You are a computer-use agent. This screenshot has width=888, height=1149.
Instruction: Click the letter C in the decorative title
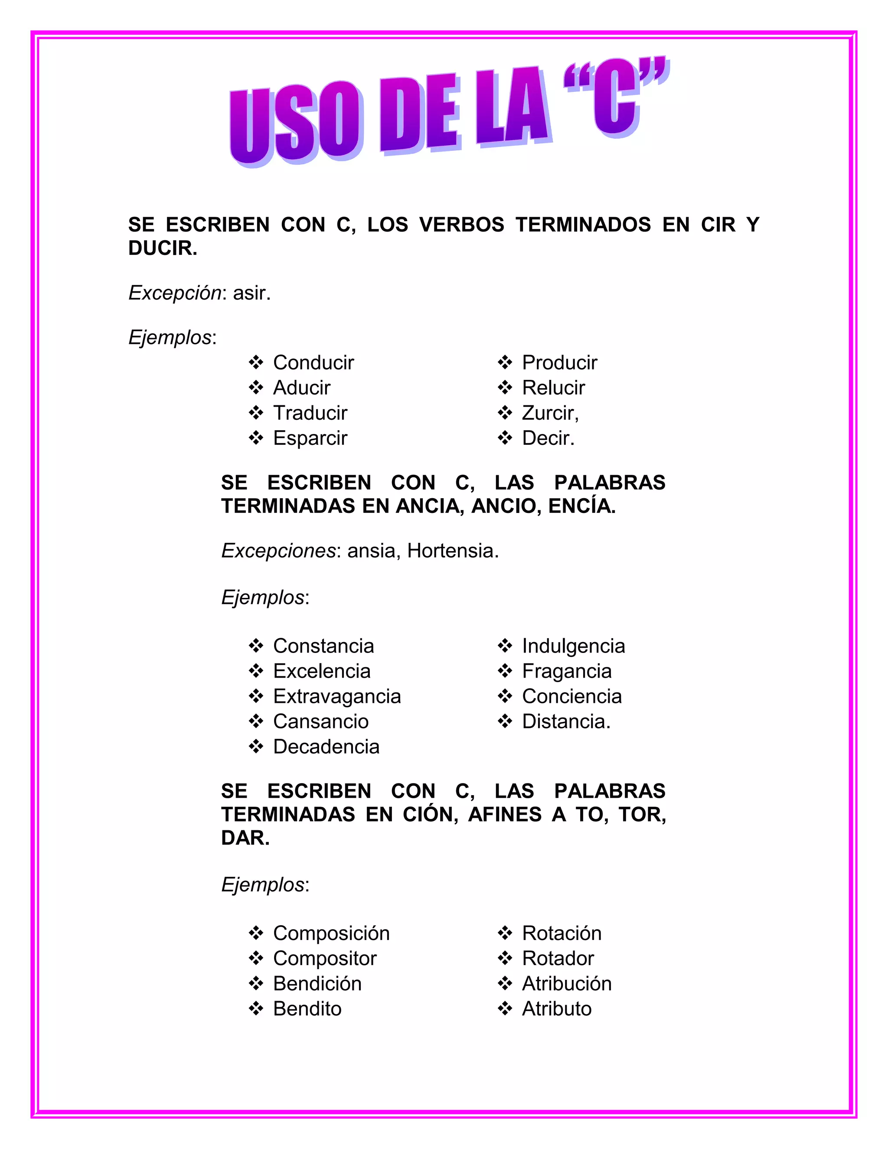[617, 100]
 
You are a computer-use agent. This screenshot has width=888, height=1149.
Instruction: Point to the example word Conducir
[313, 362]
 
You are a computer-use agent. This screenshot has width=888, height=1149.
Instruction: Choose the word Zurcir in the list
[548, 413]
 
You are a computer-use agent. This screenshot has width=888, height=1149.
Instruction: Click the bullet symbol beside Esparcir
[256, 438]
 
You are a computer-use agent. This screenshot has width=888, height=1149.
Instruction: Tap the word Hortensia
[451, 551]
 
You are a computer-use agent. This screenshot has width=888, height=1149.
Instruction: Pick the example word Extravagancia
[336, 697]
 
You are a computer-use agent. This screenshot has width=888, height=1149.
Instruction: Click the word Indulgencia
[573, 646]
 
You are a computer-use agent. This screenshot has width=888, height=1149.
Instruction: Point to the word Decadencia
[326, 747]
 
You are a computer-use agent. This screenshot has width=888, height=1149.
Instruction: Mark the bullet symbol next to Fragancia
[505, 671]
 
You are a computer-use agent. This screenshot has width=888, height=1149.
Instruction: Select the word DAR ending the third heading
[244, 838]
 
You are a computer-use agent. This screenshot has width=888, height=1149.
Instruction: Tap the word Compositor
[325, 959]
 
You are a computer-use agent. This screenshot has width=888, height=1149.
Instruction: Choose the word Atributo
[557, 1009]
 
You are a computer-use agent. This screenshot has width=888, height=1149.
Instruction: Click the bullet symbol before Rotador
[505, 958]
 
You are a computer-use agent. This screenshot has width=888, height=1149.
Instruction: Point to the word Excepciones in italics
[278, 551]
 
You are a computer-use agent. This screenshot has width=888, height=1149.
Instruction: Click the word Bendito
[307, 1009]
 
